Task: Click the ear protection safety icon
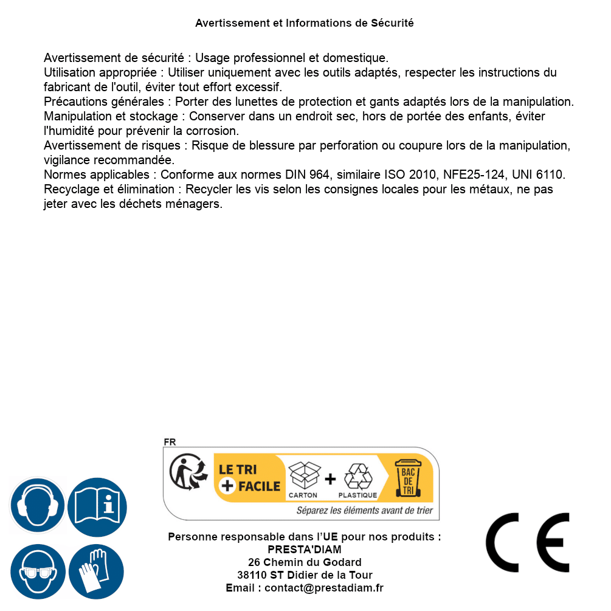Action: (x=38, y=506)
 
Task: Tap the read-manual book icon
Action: (x=97, y=506)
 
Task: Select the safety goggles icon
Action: (x=38, y=572)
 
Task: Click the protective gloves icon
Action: (x=97, y=572)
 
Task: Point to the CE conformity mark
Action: (x=528, y=543)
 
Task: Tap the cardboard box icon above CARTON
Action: (x=304, y=475)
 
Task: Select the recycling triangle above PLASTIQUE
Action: (x=357, y=477)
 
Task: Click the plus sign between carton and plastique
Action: (x=330, y=479)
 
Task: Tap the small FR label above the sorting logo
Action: (x=170, y=442)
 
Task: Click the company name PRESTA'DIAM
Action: (x=305, y=550)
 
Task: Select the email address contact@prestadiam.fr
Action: (x=324, y=588)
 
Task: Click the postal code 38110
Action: (x=252, y=575)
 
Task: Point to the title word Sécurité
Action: (x=392, y=23)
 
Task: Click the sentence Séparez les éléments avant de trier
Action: (x=364, y=511)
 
